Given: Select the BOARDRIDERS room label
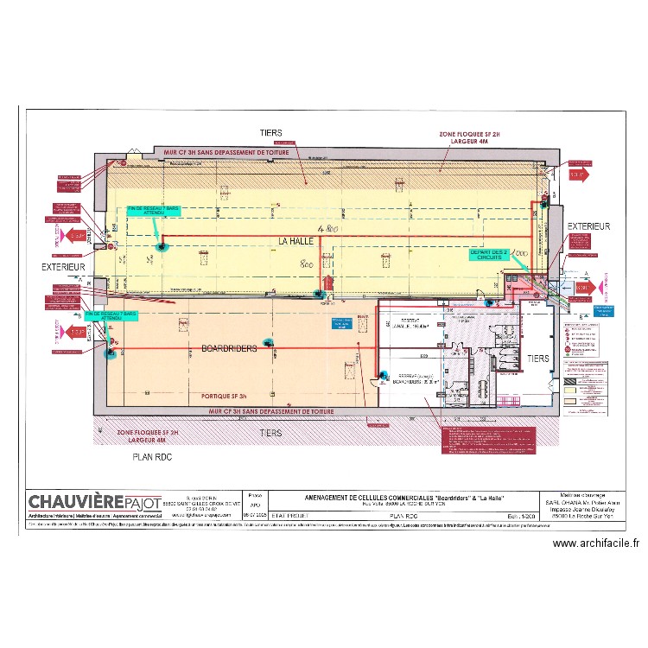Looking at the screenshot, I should pyautogui.click(x=229, y=349).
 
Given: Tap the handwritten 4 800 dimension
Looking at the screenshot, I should pyautogui.click(x=327, y=230).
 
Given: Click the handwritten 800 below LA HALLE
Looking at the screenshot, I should pyautogui.click(x=306, y=264).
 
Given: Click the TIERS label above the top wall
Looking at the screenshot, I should pyautogui.click(x=270, y=134).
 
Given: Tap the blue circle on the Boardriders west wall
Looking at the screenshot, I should pyautogui.click(x=110, y=352).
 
